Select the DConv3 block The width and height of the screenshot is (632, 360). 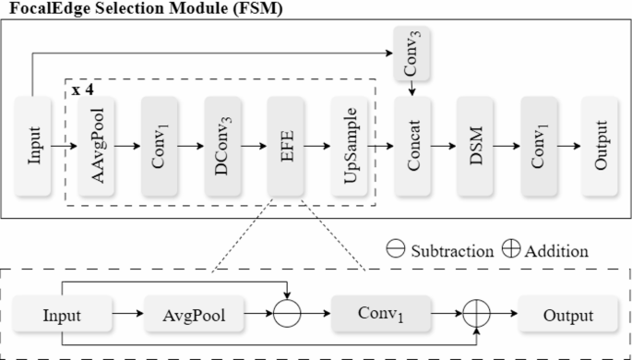tap(223, 145)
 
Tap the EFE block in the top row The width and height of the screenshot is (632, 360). tap(287, 145)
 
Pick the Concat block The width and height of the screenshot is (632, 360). tap(412, 145)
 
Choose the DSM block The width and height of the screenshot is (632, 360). tap(475, 145)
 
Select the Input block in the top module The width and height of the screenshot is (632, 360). tap(34, 145)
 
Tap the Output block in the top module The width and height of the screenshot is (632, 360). tap(601, 145)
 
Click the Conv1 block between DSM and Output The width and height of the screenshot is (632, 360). tap(538, 145)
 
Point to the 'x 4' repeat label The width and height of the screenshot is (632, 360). tap(82, 93)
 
